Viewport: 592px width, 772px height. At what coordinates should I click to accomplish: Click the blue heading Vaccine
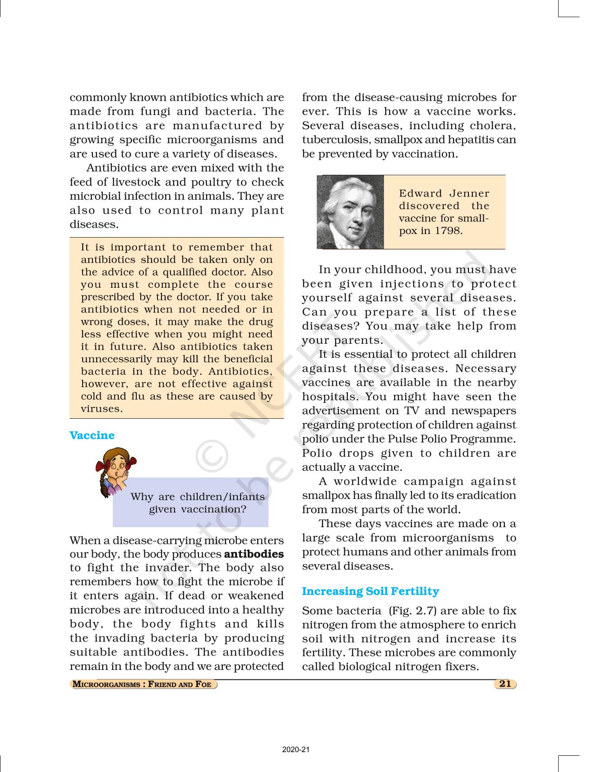(92, 435)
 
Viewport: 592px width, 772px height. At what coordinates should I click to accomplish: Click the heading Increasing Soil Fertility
(370, 591)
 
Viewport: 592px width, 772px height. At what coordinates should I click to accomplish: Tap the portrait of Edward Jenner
(350, 212)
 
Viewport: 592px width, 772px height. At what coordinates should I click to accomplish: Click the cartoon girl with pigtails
(115, 472)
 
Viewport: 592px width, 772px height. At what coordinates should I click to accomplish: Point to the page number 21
(505, 683)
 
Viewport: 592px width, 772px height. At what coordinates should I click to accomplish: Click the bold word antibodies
(254, 554)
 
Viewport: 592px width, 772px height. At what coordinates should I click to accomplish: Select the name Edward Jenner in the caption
(444, 193)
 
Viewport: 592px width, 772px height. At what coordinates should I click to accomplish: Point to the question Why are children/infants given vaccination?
(198, 503)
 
